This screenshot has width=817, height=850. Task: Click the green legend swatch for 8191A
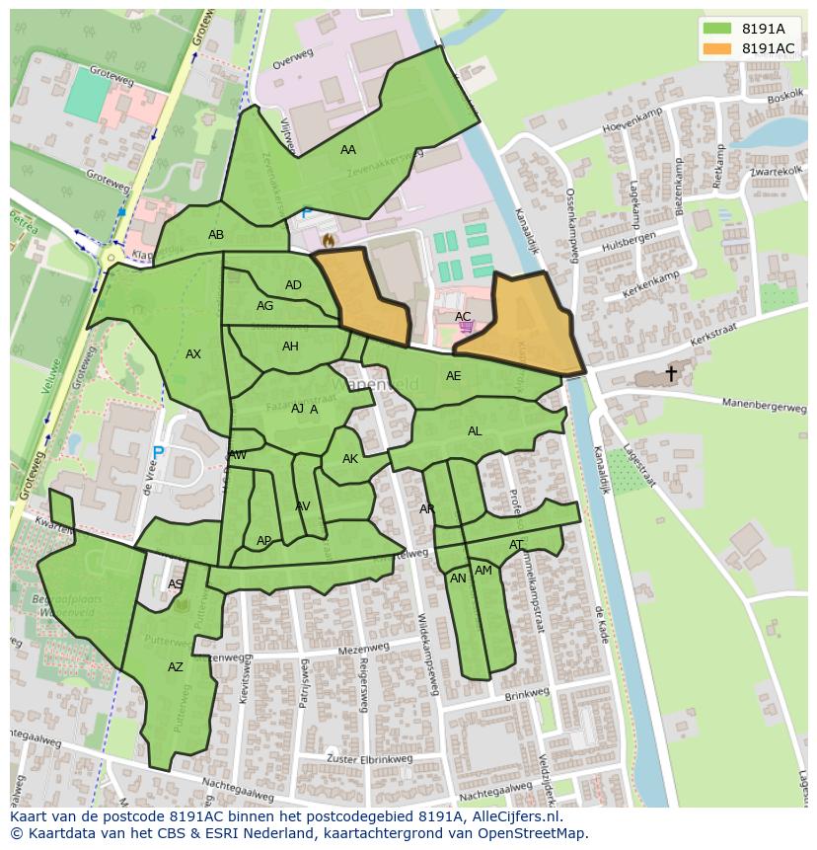tap(717, 28)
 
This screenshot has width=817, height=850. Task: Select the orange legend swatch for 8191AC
tap(717, 48)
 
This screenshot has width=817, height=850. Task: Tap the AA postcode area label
tap(348, 150)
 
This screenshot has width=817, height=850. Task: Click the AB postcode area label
tap(216, 235)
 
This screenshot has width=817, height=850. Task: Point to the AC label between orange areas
tap(463, 317)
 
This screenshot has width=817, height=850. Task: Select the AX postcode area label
tap(193, 354)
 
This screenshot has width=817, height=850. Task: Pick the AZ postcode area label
tap(176, 667)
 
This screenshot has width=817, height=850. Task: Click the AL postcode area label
tap(475, 431)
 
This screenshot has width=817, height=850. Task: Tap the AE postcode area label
tap(453, 376)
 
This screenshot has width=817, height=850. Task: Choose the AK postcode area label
tap(350, 459)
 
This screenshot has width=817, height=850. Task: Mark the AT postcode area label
tap(516, 545)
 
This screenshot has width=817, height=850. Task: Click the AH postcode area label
tap(290, 347)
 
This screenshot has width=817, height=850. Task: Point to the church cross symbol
tap(671, 373)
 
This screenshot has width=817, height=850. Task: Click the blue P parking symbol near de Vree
tap(157, 454)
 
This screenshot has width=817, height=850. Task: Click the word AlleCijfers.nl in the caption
tap(514, 816)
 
